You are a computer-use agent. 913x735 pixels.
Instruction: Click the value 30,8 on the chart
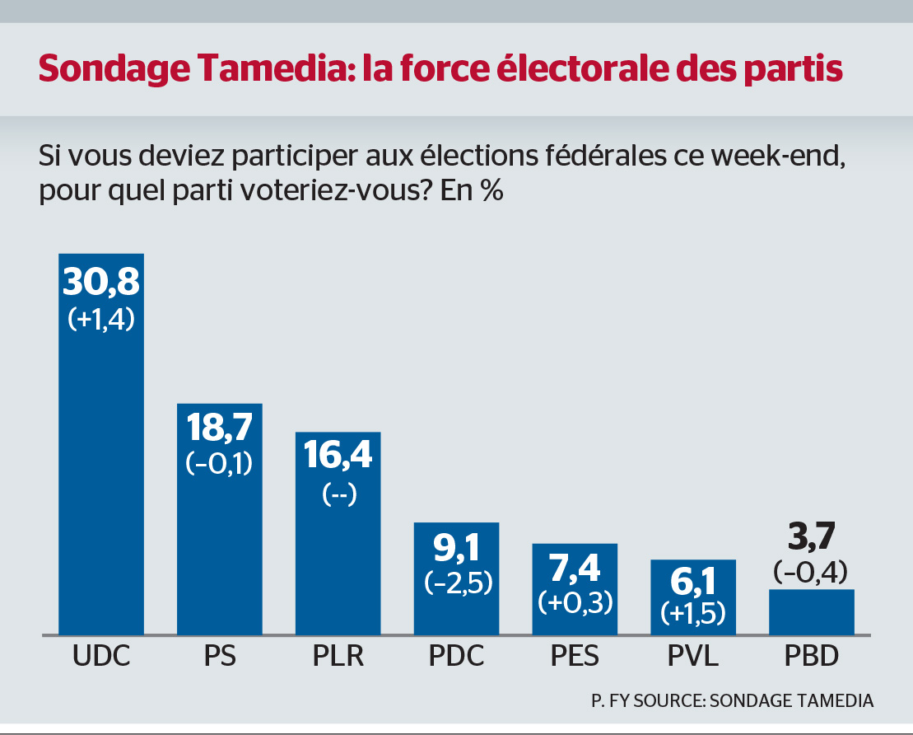(101, 283)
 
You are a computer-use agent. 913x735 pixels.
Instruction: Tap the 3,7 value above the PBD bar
(811, 541)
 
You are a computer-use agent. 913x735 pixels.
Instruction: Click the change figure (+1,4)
(101, 319)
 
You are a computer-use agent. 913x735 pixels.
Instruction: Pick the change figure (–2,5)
(456, 582)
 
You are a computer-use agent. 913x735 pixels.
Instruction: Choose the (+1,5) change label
(693, 613)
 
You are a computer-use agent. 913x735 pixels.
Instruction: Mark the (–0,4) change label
(811, 572)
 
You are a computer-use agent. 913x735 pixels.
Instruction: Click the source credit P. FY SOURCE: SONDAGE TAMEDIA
(732, 700)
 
